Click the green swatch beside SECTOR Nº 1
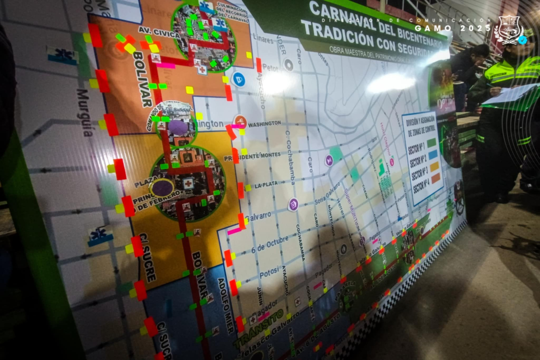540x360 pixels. (431, 143)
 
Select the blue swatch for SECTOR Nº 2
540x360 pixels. (432, 154)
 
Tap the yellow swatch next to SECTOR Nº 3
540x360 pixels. (434, 166)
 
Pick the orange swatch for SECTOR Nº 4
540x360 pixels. (435, 178)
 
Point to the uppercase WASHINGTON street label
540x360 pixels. (264, 123)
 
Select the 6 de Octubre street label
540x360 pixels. (270, 244)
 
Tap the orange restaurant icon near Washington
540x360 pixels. (240, 121)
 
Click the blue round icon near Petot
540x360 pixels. (239, 79)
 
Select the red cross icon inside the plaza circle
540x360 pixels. (189, 183)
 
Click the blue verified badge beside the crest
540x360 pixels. (522, 40)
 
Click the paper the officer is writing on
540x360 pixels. (512, 94)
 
